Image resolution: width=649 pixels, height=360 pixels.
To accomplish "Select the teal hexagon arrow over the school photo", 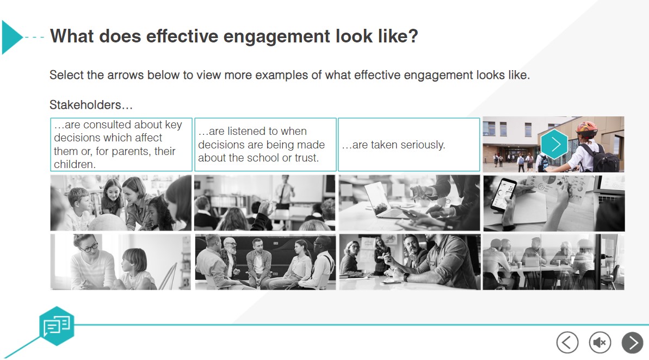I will click(x=554, y=144).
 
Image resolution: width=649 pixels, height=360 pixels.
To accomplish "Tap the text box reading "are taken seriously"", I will click(x=409, y=145).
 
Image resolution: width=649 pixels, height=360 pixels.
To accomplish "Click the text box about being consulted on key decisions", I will click(x=121, y=145).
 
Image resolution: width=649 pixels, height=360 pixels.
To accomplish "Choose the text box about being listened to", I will click(x=265, y=145).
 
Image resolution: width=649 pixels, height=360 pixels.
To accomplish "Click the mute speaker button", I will click(x=599, y=343).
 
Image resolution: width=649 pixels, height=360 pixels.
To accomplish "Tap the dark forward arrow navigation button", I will click(x=632, y=343).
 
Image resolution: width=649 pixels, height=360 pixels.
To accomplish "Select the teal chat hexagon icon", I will click(x=57, y=326).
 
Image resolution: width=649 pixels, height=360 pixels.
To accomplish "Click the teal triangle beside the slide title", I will click(x=11, y=37).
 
